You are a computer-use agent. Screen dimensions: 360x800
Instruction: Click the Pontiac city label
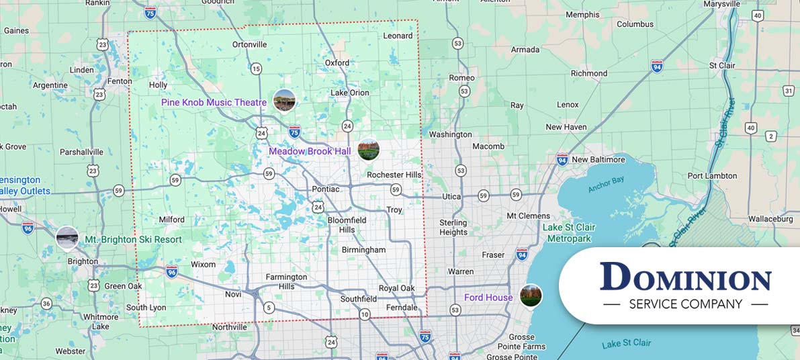[326, 189]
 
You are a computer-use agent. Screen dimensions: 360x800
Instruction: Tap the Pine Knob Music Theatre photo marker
[284, 101]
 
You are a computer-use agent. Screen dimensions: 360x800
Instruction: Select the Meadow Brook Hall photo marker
[368, 150]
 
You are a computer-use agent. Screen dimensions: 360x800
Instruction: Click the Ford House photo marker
[531, 296]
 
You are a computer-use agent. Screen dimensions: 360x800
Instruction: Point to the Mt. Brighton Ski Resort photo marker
[67, 238]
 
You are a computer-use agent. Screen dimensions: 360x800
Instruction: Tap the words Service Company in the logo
[685, 304]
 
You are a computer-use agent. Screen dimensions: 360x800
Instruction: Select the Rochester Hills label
[394, 175]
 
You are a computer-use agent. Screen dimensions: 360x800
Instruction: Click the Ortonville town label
[249, 45]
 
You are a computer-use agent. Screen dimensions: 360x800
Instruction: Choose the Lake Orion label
[350, 93]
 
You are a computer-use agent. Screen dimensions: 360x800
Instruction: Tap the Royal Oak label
[396, 288]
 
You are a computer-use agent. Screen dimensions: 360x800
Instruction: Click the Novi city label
[233, 294]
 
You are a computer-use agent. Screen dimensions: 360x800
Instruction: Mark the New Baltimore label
[598, 160]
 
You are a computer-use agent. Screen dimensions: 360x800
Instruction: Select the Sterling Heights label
[453, 228]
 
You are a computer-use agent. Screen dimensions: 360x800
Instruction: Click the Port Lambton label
[712, 176]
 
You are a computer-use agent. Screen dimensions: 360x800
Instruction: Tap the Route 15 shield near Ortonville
[256, 69]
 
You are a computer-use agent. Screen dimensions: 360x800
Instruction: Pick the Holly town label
[158, 85]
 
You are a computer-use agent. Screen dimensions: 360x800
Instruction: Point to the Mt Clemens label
[529, 216]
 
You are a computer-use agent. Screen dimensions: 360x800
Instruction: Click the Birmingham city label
[363, 250]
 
